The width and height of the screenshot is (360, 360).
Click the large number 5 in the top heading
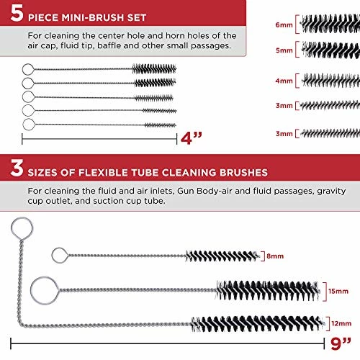click(x=17, y=13)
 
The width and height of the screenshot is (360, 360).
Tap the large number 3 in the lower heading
click(x=17, y=168)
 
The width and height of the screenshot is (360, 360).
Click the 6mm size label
click(x=284, y=24)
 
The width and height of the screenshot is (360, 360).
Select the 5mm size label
click(x=284, y=50)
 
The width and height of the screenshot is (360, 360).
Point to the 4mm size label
click(x=284, y=81)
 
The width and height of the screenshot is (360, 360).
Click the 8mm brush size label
click(x=275, y=256)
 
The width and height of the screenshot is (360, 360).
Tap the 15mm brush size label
click(x=338, y=291)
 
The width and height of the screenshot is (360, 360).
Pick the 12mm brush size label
click(x=341, y=323)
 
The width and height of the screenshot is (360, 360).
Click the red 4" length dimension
click(x=191, y=138)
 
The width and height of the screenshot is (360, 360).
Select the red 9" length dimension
click(x=341, y=343)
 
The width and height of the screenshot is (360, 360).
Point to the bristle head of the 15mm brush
click(x=268, y=291)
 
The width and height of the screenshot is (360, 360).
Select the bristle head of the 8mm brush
click(x=222, y=256)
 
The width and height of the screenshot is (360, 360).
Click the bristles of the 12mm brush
click(x=258, y=323)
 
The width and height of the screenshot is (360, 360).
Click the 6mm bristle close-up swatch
click(x=330, y=24)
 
